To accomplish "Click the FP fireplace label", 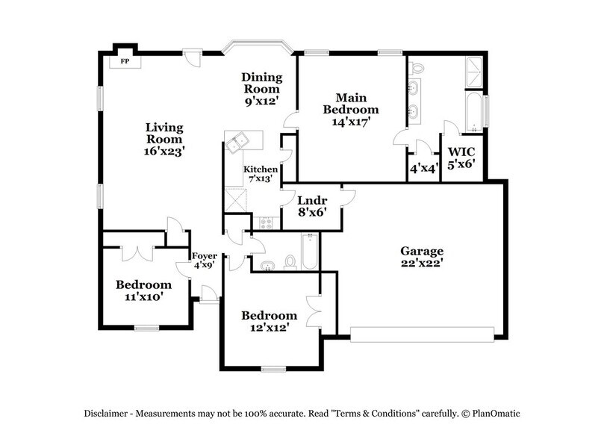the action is pyautogui.click(x=125, y=61).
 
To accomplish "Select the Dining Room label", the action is pyautogui.click(x=262, y=83).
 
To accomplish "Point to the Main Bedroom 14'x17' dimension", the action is pyautogui.click(x=351, y=122).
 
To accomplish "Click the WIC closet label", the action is pyautogui.click(x=461, y=152).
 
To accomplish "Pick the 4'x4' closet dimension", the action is pyautogui.click(x=424, y=168).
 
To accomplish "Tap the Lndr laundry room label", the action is pyautogui.click(x=312, y=200).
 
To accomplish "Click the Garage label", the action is pyautogui.click(x=422, y=251).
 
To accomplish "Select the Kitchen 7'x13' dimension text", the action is pyautogui.click(x=261, y=178).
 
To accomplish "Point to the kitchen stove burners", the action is pyautogui.click(x=266, y=223).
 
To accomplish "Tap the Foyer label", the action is pyautogui.click(x=205, y=256).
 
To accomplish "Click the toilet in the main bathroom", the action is pyautogui.click(x=417, y=69).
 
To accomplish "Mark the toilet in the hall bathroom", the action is pyautogui.click(x=290, y=262).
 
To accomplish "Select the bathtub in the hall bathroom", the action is pyautogui.click(x=310, y=252).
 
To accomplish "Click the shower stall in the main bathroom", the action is pyautogui.click(x=474, y=72).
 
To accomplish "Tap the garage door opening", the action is pyautogui.click(x=422, y=334).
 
